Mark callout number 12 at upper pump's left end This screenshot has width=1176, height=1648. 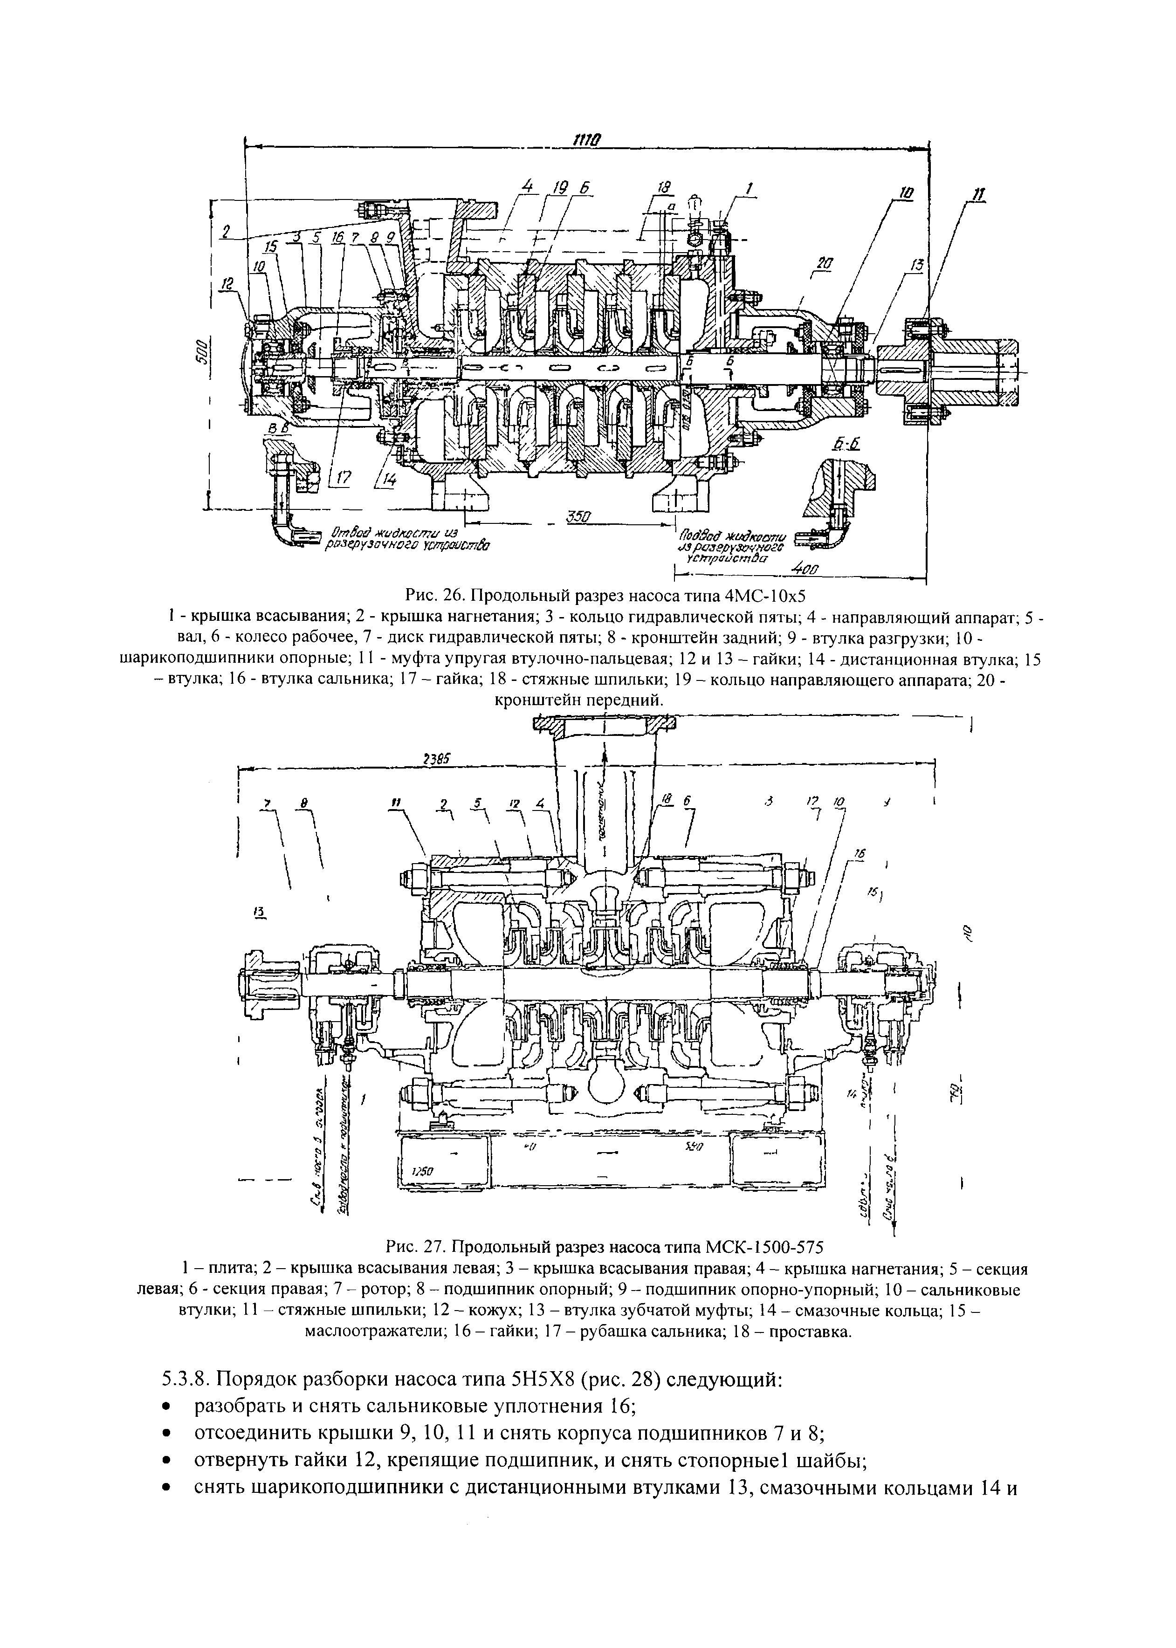[x=229, y=286]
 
